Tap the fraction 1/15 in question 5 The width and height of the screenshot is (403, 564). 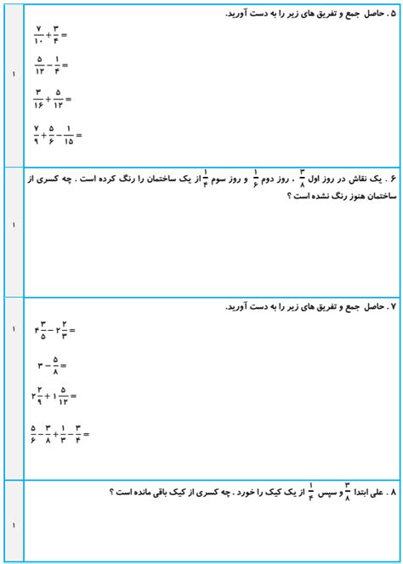pyautogui.click(x=68, y=134)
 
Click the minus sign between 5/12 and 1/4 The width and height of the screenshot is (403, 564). pyautogui.click(x=48, y=66)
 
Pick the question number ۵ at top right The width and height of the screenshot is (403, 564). pyautogui.click(x=391, y=14)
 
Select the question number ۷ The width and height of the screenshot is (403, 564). pyautogui.click(x=391, y=306)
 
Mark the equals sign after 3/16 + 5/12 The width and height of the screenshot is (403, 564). pyautogui.click(x=68, y=100)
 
